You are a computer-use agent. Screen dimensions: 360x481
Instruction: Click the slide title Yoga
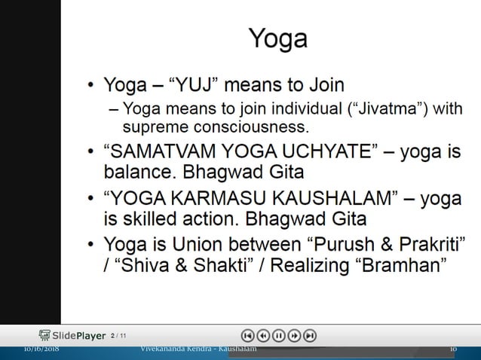pos(277,38)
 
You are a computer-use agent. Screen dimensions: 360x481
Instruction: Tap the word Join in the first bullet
pos(321,82)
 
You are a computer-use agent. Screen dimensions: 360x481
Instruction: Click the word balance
pos(134,172)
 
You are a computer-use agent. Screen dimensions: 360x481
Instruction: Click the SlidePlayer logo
pos(72,335)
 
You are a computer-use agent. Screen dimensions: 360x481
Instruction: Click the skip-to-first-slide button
pos(248,336)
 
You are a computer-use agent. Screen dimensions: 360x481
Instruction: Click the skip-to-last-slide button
pos(309,336)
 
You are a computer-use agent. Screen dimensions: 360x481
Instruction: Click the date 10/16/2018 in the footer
pos(41,349)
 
